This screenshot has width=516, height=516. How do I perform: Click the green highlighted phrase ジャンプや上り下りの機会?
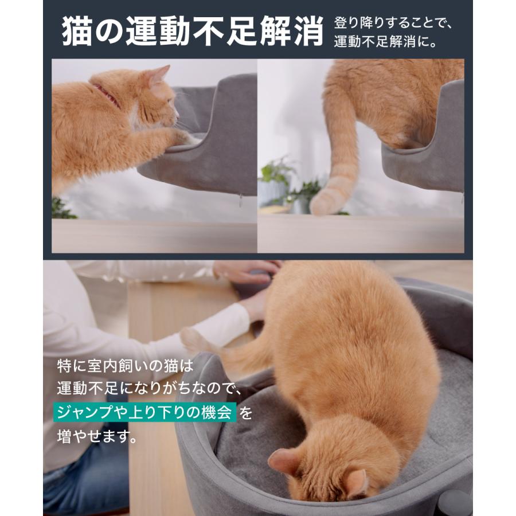[146, 413]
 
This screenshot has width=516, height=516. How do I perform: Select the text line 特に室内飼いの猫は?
[126, 365]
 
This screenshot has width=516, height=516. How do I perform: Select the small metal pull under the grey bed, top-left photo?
[241, 200]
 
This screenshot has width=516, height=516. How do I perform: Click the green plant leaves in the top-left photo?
[63, 209]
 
